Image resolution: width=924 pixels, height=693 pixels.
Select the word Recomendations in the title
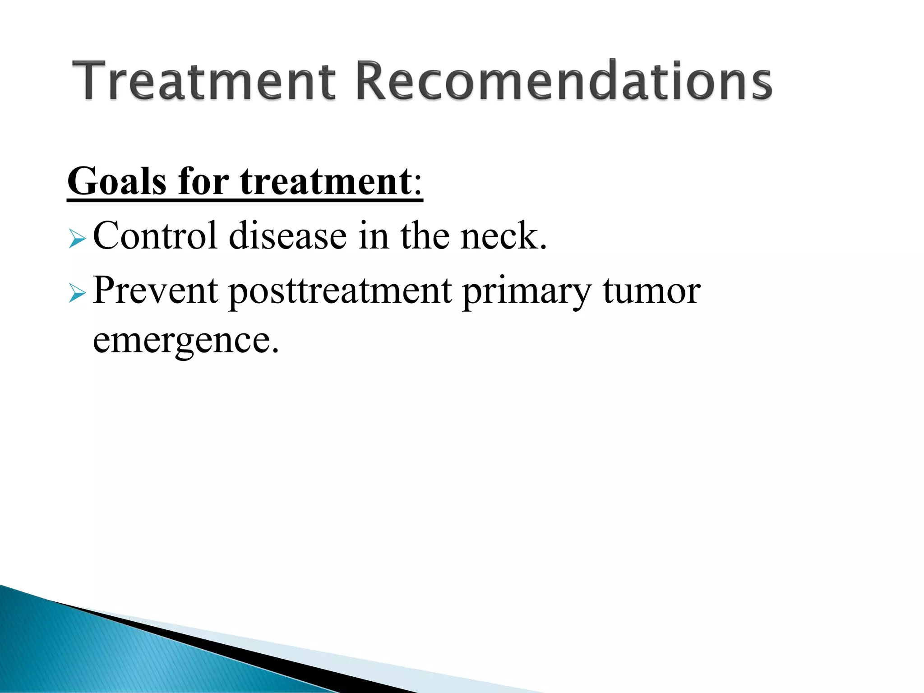pos(564,81)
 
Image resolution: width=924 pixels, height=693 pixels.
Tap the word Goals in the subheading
pos(117,181)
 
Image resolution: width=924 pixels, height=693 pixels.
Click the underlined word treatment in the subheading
pos(325,181)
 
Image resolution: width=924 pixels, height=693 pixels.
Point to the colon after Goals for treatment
pos(418,185)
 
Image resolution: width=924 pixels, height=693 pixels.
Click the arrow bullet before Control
pos(77,239)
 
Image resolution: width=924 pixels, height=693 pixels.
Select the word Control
pos(155,236)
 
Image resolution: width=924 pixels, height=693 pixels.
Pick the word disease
pos(287,236)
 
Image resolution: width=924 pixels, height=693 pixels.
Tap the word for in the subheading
pos(203,181)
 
